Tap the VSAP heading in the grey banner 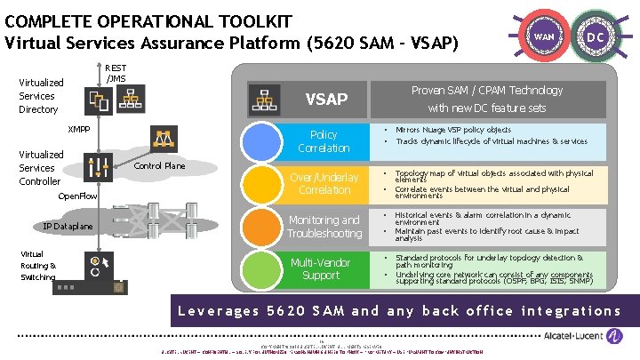tap(325, 99)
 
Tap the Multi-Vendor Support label tap(321, 268)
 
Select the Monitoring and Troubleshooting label tap(324, 227)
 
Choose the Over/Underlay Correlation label tap(324, 184)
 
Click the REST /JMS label tap(116, 73)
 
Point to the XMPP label tap(81, 129)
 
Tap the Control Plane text tap(159, 166)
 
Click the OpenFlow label tap(76, 196)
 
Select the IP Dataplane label tap(68, 227)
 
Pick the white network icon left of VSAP tap(263, 98)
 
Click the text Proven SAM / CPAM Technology tap(486, 90)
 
